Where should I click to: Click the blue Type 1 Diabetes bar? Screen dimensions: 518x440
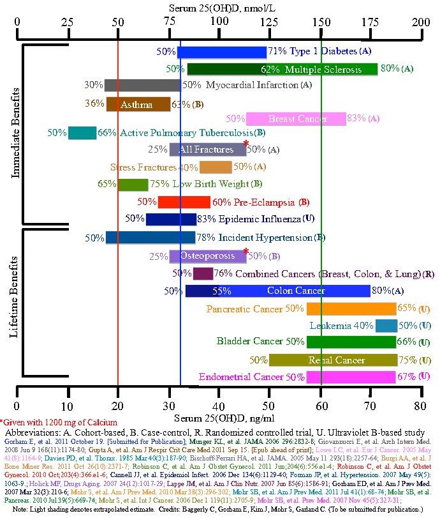[x=221, y=52]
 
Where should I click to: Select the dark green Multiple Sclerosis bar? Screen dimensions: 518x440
[x=281, y=69]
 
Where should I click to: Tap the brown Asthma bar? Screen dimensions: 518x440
[x=138, y=104]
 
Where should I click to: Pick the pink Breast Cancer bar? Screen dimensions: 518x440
[x=295, y=119]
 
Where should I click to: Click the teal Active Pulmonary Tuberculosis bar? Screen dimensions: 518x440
[x=82, y=133]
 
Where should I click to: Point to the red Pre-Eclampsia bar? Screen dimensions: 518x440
[x=184, y=202]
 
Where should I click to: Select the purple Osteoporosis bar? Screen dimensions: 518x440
[x=207, y=256]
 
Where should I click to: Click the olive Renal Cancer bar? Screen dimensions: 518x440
[x=332, y=360]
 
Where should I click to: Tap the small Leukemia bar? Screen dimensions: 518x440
[x=386, y=326]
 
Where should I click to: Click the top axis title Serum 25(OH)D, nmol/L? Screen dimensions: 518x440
[x=220, y=7]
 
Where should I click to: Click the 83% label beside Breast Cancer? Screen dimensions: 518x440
[x=356, y=119]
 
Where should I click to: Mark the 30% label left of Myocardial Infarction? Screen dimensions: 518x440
[x=93, y=85]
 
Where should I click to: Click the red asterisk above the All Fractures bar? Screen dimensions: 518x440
[x=246, y=143]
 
